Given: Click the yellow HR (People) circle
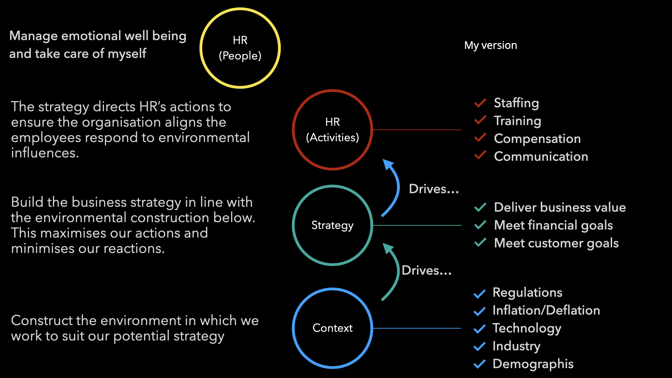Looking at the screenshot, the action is pyautogui.click(x=201, y=48).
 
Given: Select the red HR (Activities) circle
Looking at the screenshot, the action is pyautogui.click(x=293, y=130).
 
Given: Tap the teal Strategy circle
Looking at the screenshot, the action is pyautogui.click(x=293, y=225).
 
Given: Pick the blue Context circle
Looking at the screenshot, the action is pyautogui.click(x=293, y=328).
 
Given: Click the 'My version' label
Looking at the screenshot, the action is pyautogui.click(x=490, y=45).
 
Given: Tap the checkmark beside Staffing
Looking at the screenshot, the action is pyautogui.click(x=480, y=103).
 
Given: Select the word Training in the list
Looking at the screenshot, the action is pyautogui.click(x=517, y=121).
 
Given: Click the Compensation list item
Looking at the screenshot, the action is pyautogui.click(x=537, y=139).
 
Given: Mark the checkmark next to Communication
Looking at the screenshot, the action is pyautogui.click(x=480, y=155).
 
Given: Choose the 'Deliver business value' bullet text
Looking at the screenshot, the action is pyautogui.click(x=560, y=208).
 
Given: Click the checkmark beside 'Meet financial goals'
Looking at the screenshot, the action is pyautogui.click(x=480, y=224).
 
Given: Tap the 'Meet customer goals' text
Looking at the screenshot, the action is pyautogui.click(x=556, y=243).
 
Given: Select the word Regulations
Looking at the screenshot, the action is pyautogui.click(x=527, y=293).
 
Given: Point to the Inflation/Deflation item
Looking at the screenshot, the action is pyautogui.click(x=546, y=310).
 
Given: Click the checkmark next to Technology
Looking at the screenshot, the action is pyautogui.click(x=479, y=329).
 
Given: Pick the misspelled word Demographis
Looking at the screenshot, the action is pyautogui.click(x=533, y=364).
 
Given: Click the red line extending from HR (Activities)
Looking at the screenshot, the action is pyautogui.click(x=417, y=130).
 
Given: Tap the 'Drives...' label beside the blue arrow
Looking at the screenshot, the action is pyautogui.click(x=434, y=189).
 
